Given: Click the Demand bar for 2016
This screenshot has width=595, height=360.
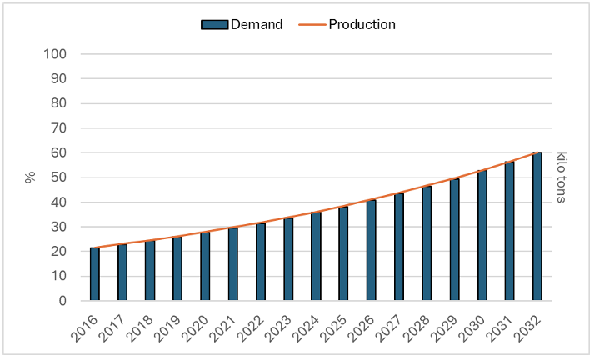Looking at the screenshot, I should coord(95,274).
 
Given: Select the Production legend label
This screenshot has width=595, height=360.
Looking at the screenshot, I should coord(362,24).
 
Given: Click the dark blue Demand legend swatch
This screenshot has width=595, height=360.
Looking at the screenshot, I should coord(214,24).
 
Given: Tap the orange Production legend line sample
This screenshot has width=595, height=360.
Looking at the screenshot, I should coord(310,24).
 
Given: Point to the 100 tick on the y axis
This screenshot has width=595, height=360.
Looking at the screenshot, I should coord(67,55).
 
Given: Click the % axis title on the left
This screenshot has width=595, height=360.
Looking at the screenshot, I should coord(31,177).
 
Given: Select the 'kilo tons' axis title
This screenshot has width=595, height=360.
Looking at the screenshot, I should coord(562,177).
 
